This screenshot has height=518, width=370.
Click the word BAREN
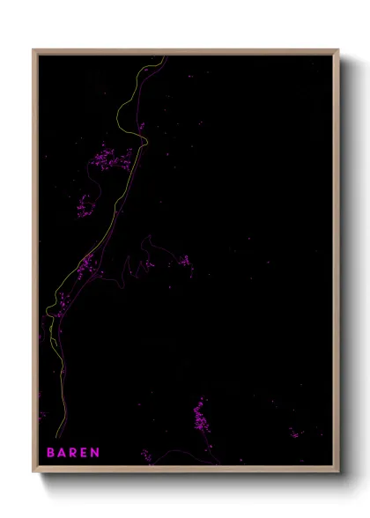tap(73, 453)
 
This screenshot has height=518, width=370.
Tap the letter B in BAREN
tap(51, 453)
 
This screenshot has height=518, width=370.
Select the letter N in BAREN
tap(95, 453)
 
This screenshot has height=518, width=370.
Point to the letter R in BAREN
tap(73, 453)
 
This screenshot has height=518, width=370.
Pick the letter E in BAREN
tap(85, 453)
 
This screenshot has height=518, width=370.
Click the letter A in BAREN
tap(62, 453)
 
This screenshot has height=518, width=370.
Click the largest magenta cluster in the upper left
tap(112, 159)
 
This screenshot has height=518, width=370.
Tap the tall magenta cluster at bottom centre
tap(200, 414)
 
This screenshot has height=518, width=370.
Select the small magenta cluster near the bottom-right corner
tap(296, 433)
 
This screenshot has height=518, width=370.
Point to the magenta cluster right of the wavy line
tap(184, 261)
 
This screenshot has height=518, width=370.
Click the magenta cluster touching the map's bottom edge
tap(146, 456)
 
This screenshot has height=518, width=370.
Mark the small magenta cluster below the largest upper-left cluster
tap(86, 207)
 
